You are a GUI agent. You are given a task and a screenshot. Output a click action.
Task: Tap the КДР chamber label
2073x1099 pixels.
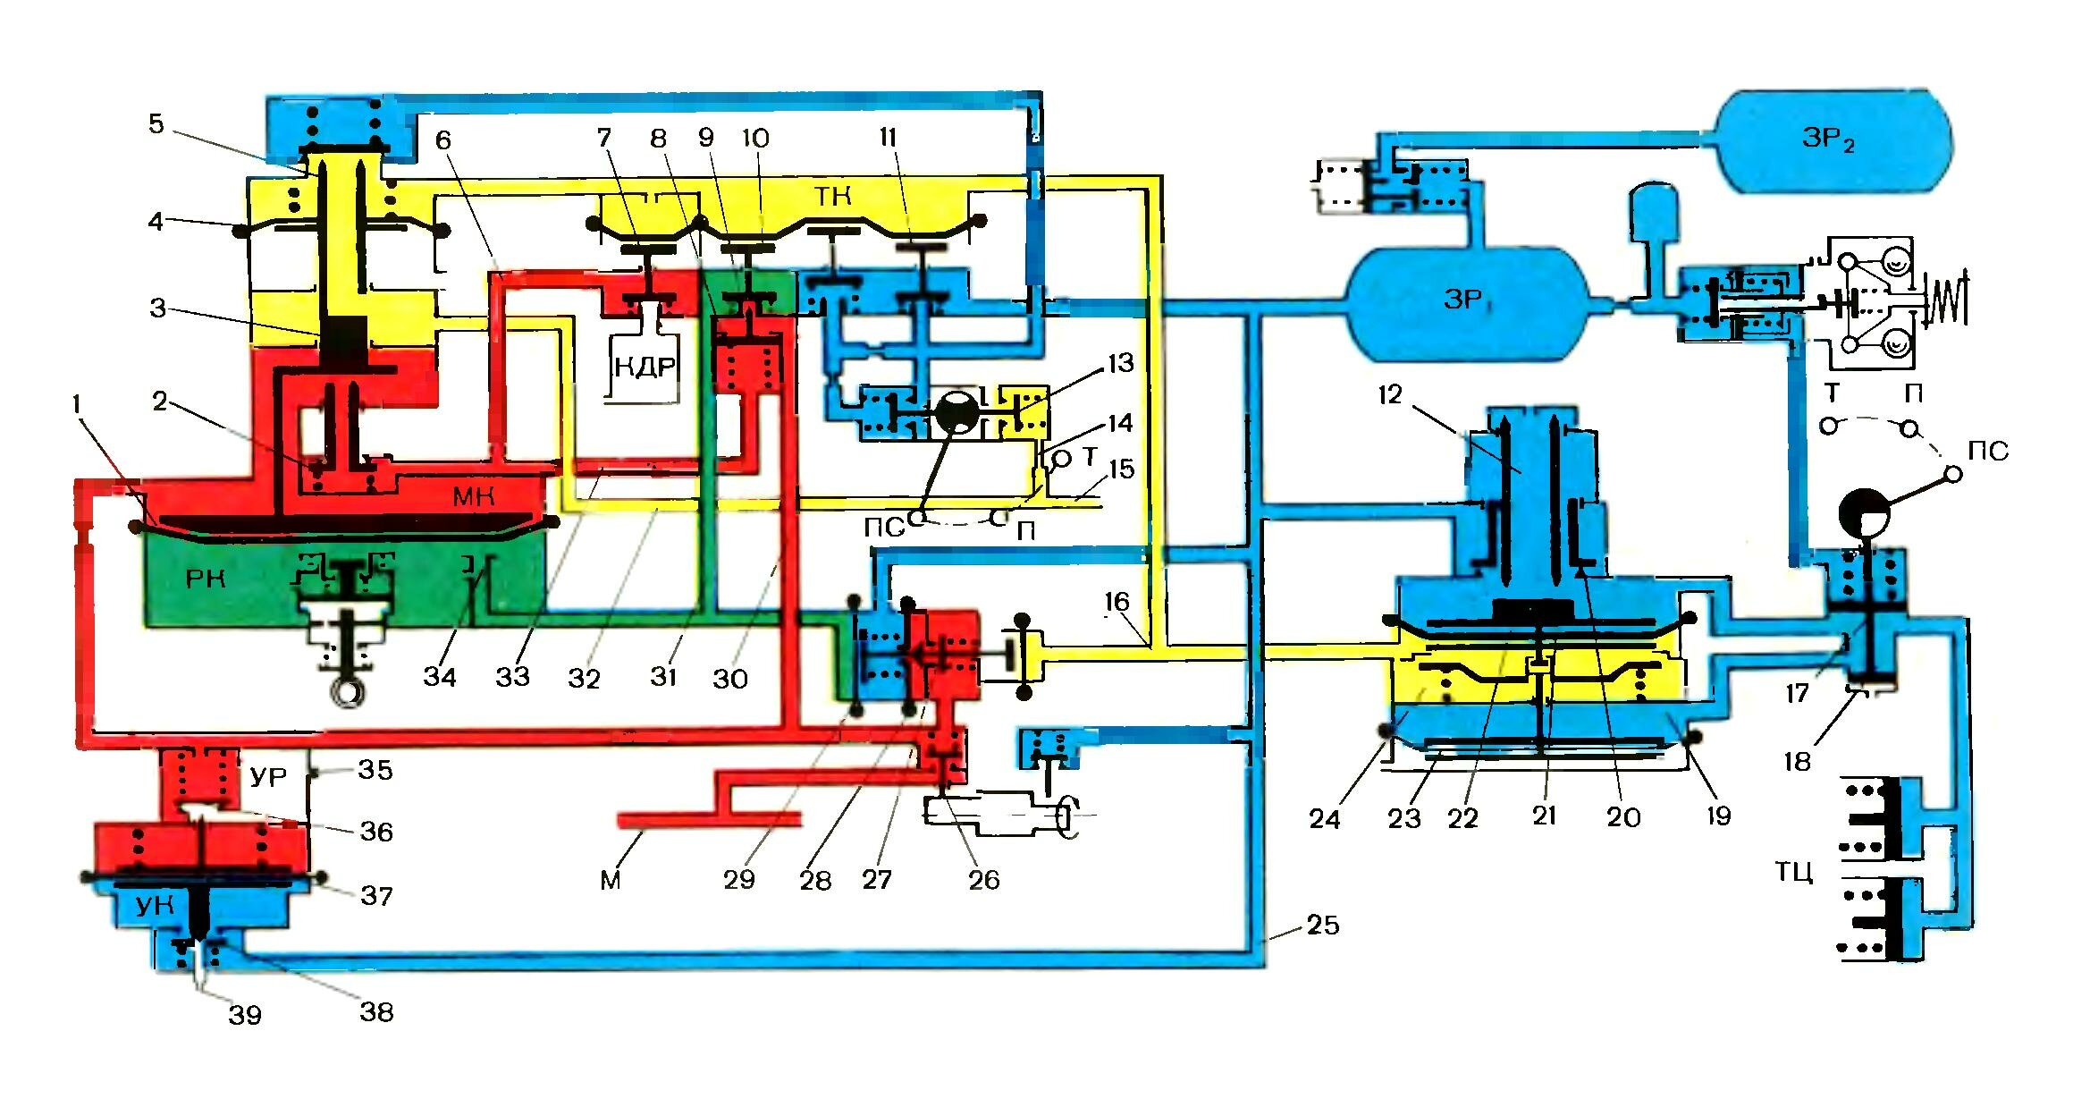[644, 367]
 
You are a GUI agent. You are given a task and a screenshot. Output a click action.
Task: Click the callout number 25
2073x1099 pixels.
[1323, 925]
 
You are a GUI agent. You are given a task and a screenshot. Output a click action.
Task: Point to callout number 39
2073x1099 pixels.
[245, 1015]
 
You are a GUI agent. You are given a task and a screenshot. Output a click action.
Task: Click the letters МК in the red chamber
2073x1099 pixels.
[473, 497]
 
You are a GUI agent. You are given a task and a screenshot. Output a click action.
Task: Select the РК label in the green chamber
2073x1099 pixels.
[205, 579]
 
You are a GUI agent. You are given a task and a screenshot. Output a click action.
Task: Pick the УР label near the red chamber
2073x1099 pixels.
[268, 777]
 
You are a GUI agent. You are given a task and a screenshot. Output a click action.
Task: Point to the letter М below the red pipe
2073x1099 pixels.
[611, 881]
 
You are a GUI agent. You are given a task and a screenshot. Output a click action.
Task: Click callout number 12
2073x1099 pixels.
[1390, 394]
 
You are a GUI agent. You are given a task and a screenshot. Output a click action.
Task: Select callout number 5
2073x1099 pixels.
[156, 123]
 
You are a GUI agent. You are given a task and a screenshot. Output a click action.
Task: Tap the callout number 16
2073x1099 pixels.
[1117, 602]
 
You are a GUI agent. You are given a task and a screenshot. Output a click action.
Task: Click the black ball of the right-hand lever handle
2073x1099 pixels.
[1865, 514]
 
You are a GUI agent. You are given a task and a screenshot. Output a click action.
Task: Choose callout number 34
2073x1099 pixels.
[440, 676]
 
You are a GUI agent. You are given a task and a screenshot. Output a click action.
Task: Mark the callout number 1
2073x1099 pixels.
[77, 404]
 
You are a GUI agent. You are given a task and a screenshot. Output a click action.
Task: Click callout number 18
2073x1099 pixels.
[1798, 762]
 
